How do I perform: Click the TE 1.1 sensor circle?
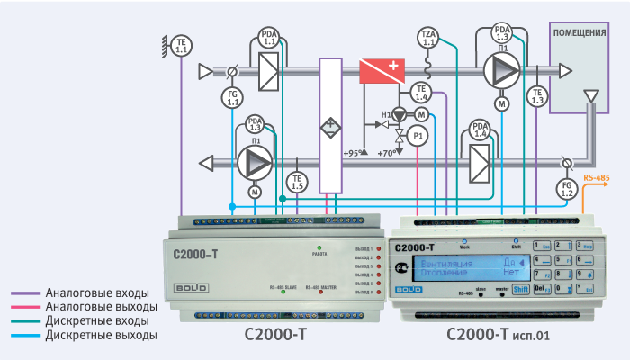(x=182, y=46)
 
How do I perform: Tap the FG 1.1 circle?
(x=233, y=98)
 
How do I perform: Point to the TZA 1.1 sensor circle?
(x=428, y=38)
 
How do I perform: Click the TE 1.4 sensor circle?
(x=422, y=92)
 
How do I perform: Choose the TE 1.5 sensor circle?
(x=297, y=181)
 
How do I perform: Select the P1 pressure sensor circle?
(x=417, y=136)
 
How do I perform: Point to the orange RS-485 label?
(x=597, y=178)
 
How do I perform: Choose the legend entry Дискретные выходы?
(x=89, y=335)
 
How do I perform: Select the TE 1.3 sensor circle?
(x=537, y=96)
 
